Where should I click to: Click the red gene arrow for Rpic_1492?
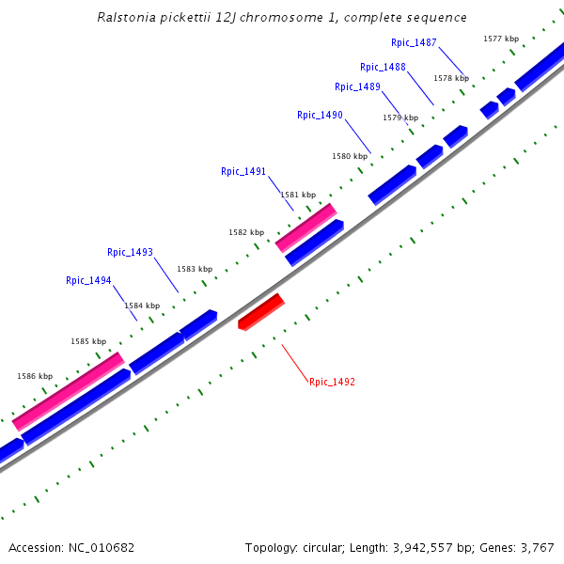tap(261, 312)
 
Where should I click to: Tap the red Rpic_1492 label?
tap(332, 382)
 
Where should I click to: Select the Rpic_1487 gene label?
tap(414, 42)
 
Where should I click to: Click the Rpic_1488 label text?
tap(383, 67)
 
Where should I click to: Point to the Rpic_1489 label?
tap(357, 86)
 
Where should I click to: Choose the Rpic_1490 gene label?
tap(320, 115)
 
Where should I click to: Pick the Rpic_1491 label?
tap(243, 171)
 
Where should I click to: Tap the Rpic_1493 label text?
tap(130, 252)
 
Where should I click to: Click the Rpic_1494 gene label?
tap(88, 280)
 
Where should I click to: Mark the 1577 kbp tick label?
tap(501, 39)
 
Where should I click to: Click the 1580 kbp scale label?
tap(350, 156)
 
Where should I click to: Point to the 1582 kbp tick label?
tap(246, 232)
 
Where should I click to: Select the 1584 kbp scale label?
tap(142, 305)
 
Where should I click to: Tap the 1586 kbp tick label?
tap(35, 376)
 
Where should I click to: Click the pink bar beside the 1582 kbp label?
tap(305, 227)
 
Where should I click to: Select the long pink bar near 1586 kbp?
tap(68, 391)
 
